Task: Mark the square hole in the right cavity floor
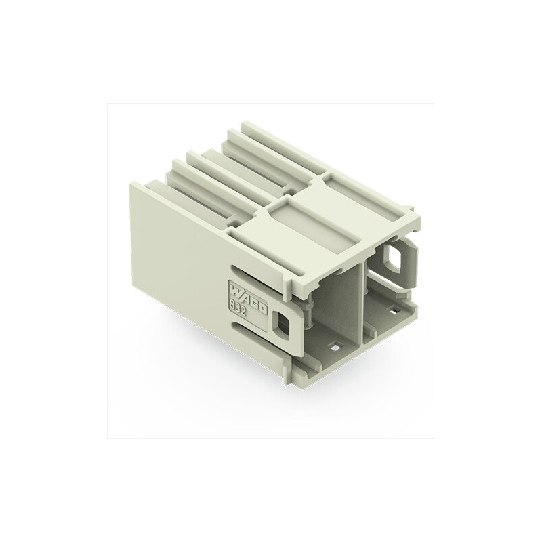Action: click(393, 312)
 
